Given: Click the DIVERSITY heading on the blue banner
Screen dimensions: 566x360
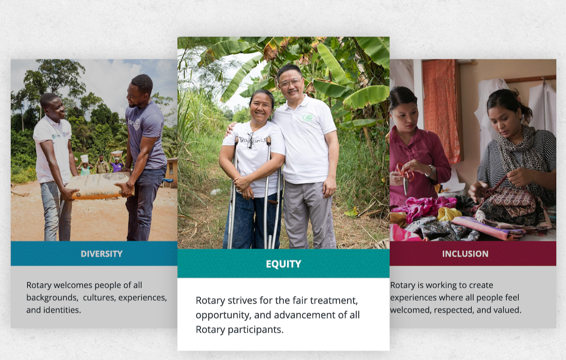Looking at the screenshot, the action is pos(102,254).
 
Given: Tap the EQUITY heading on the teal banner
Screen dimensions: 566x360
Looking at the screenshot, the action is pos(283,264).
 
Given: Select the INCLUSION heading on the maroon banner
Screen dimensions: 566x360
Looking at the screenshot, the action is pos(465,254).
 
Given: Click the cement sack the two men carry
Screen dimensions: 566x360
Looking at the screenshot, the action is pos(99,186).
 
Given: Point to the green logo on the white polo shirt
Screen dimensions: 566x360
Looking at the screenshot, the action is pos(308,118).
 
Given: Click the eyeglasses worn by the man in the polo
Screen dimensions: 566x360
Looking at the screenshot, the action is pos(290,83).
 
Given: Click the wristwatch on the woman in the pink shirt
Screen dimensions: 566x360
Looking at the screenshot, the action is pos(431,171).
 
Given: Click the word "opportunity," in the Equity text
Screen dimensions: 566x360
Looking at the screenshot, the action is pos(223,315).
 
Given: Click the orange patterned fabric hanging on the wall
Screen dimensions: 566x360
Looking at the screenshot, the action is pos(441,109).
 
